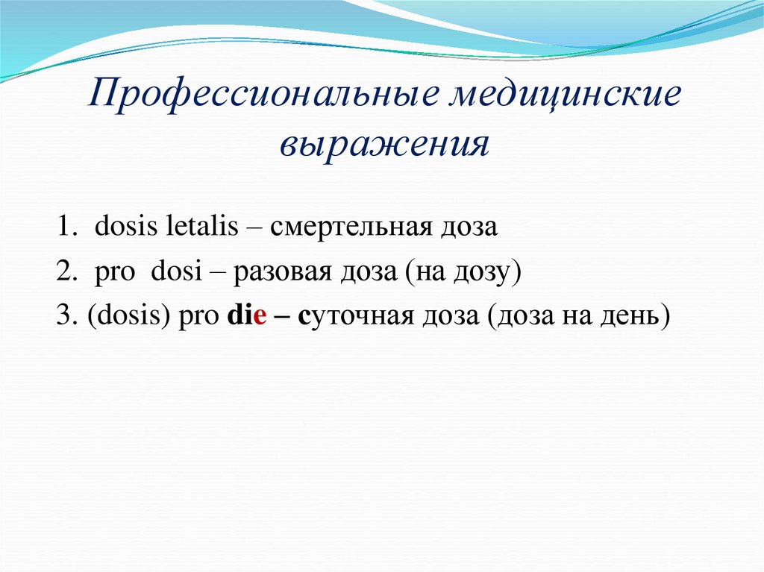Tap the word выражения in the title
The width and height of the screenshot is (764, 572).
pyautogui.click(x=384, y=142)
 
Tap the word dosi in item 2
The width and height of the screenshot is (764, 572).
pyautogui.click(x=177, y=272)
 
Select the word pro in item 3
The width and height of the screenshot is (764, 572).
pyautogui.click(x=196, y=318)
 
